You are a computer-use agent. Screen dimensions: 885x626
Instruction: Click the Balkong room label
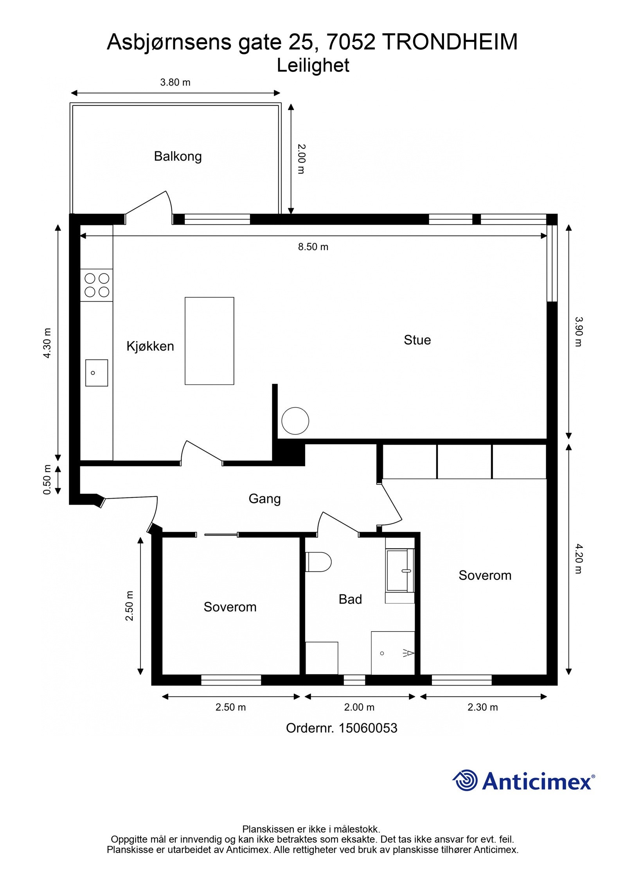[178, 156]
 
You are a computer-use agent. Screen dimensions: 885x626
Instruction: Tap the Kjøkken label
[150, 346]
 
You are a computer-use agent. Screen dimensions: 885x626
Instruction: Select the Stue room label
[417, 340]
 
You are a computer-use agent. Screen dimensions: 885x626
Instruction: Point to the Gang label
[264, 499]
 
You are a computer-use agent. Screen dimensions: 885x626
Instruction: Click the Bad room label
[350, 599]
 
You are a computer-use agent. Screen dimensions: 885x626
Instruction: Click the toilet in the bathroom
[318, 562]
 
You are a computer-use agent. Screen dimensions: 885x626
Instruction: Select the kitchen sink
[97, 373]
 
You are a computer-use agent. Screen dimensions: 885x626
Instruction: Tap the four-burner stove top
[97, 285]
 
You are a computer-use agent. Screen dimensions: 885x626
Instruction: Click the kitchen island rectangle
[209, 341]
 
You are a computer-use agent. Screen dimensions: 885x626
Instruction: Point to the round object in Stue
[295, 421]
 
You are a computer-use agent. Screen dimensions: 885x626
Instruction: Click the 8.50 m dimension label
[313, 247]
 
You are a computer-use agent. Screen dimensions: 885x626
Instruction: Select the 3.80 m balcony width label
[175, 83]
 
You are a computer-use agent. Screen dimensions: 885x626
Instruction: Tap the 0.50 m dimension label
[47, 480]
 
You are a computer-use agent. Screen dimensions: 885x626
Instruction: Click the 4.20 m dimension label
[578, 558]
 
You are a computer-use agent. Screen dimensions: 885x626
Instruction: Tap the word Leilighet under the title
[313, 66]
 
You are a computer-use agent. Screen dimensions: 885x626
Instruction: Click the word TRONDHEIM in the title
[450, 42]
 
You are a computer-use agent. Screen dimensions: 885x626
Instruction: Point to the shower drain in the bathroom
[382, 653]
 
